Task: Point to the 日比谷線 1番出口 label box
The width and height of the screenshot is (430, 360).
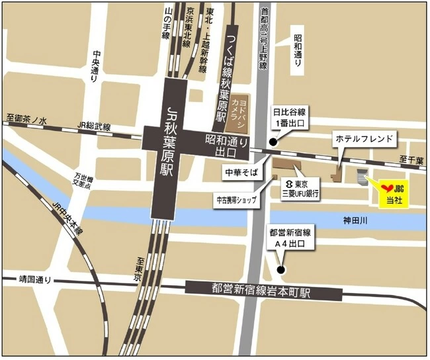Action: tap(291, 117)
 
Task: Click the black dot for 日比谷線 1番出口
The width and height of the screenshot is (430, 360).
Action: tap(273, 142)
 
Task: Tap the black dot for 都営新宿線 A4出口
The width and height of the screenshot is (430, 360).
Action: tap(281, 269)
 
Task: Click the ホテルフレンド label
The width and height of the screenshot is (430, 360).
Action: tap(364, 139)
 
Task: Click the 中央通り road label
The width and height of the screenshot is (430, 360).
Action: tap(96, 67)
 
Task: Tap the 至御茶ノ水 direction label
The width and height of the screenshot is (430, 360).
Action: tap(27, 120)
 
